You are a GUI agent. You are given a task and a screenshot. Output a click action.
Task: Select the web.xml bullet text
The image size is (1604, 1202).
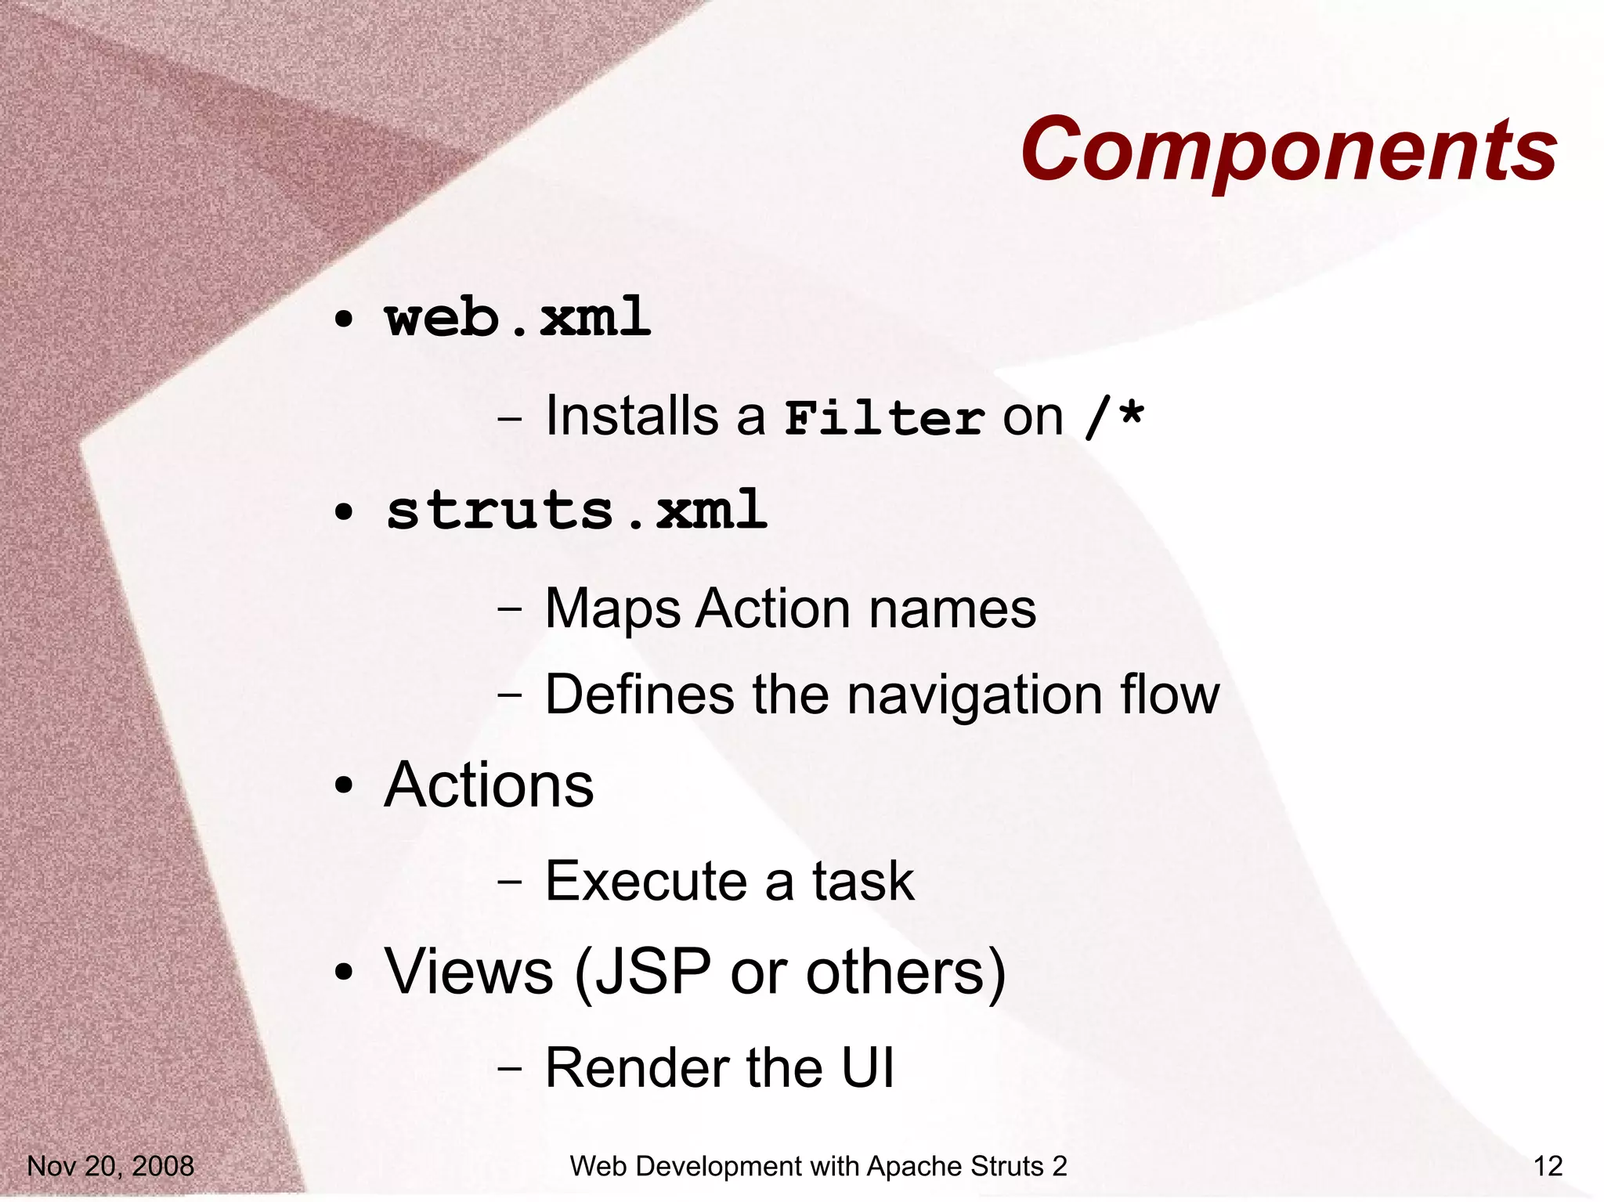pos(518,317)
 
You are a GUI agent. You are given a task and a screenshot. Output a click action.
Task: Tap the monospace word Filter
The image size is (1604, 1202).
pos(884,417)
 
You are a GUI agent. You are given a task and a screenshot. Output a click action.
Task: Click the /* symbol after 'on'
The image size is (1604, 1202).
pos(1114,417)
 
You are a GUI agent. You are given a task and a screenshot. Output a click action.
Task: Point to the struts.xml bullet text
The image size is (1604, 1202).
pos(576,510)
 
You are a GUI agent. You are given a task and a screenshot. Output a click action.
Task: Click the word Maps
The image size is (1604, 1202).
pos(612,609)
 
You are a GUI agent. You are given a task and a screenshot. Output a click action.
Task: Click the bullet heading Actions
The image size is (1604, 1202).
pos(489,785)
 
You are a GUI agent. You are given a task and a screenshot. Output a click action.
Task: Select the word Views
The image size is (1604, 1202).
pos(468,972)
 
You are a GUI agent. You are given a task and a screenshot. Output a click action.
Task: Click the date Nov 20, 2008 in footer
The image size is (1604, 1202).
pos(110,1166)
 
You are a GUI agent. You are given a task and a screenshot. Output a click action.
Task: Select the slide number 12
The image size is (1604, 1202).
pos(1548,1166)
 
